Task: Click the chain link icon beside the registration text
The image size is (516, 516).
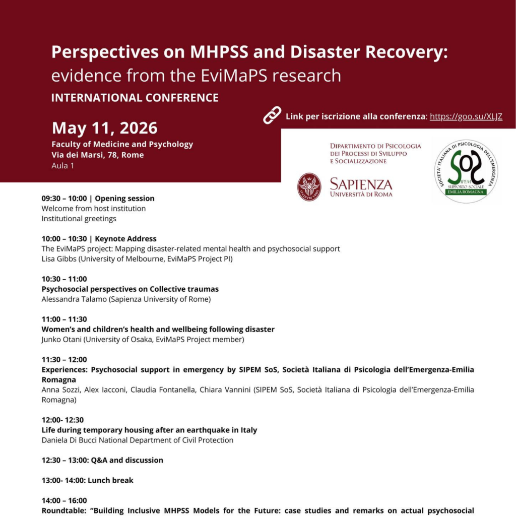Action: click(x=272, y=116)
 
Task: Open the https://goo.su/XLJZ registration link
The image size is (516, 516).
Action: click(x=466, y=116)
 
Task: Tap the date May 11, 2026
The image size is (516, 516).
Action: click(x=105, y=128)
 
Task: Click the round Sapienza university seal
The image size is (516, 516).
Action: click(x=309, y=186)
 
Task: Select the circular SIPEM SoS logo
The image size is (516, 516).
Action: click(x=466, y=171)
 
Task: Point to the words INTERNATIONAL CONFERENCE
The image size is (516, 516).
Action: click(x=135, y=98)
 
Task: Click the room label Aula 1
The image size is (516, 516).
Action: click(x=62, y=165)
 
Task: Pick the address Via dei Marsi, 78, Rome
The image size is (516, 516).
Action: click(x=97, y=155)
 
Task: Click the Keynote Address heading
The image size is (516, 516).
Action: click(x=126, y=239)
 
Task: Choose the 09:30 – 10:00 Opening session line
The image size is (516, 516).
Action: click(x=98, y=199)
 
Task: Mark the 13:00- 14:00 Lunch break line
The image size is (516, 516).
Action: click(x=87, y=481)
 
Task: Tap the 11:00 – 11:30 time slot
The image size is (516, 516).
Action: click(x=64, y=319)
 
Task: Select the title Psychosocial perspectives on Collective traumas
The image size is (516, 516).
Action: click(x=130, y=289)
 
